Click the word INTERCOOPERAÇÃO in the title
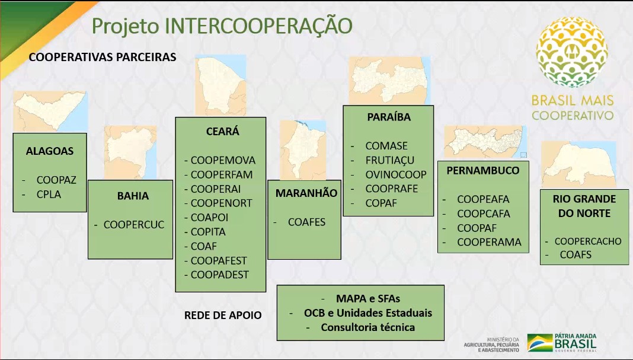(x=258, y=26)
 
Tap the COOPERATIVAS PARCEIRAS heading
(x=103, y=57)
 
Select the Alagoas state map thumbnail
(x=50, y=111)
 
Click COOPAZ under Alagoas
(x=56, y=180)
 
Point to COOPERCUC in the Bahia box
(x=133, y=225)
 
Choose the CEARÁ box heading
(x=222, y=131)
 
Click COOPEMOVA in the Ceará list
(x=223, y=160)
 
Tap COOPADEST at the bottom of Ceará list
(x=220, y=275)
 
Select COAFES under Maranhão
(x=306, y=222)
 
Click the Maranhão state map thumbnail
(x=303, y=150)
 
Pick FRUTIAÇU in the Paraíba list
(x=389, y=160)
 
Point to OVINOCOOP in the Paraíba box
(x=396, y=174)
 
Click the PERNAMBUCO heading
(x=483, y=170)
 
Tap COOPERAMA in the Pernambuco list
(x=489, y=242)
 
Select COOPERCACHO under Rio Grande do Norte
(x=588, y=241)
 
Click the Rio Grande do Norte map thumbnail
(x=578, y=164)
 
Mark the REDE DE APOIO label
(x=223, y=315)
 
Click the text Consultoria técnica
(x=368, y=327)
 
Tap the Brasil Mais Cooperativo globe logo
(x=571, y=52)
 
